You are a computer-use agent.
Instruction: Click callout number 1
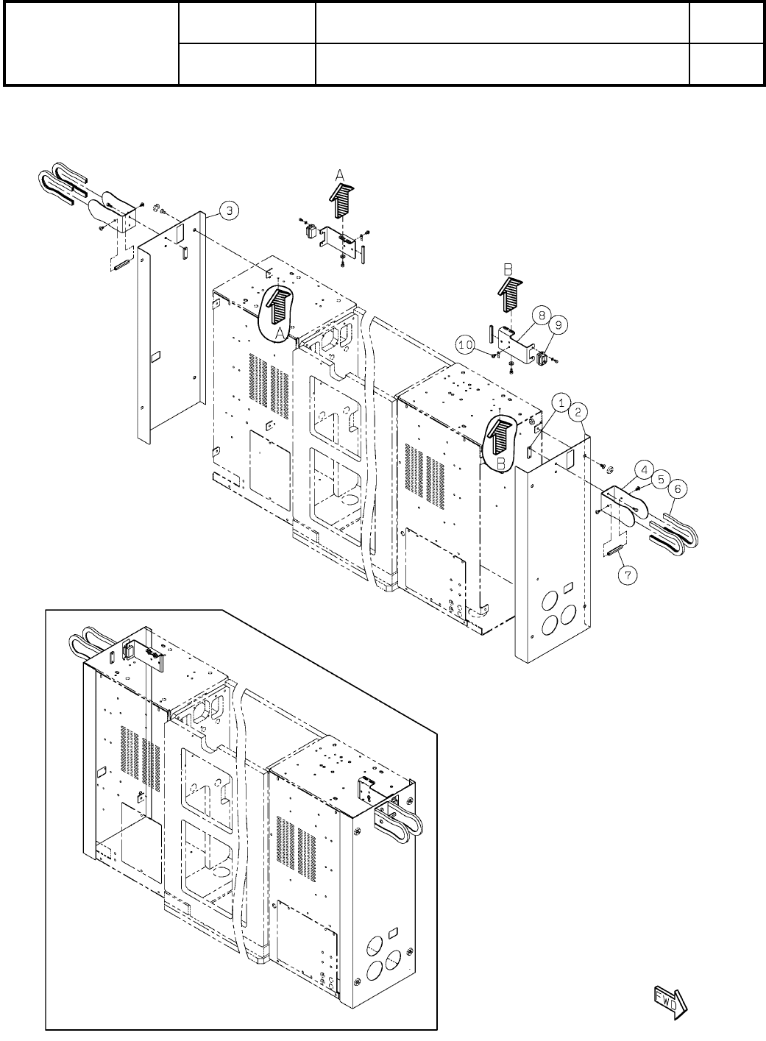click(x=561, y=402)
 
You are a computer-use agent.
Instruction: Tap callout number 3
click(x=230, y=211)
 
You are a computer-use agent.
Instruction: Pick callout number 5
click(x=660, y=477)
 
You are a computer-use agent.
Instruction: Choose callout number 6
click(x=678, y=487)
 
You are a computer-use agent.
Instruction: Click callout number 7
click(x=628, y=576)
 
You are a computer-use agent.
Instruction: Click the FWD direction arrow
click(x=670, y=1001)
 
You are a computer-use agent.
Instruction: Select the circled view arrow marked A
click(x=278, y=308)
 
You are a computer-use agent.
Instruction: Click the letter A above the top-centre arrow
click(x=339, y=175)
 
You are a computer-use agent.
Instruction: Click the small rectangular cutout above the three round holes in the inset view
click(x=392, y=932)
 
